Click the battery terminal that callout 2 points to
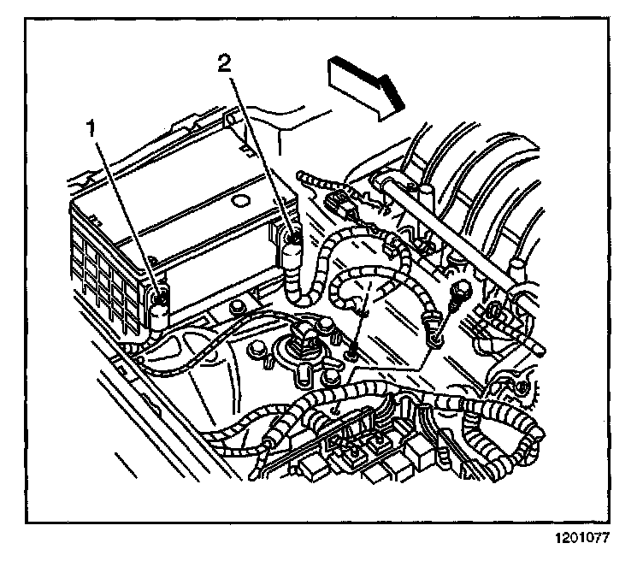293,249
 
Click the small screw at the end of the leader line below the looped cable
352,346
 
